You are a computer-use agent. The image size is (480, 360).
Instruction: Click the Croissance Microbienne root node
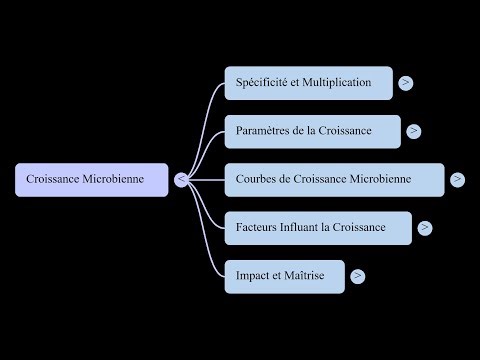click(92, 180)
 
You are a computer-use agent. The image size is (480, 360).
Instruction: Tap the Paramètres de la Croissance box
click(312, 131)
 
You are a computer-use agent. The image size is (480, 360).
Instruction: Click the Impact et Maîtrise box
click(284, 275)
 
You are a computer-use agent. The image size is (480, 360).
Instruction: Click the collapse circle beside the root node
click(181, 180)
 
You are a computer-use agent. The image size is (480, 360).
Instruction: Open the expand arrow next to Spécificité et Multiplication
click(405, 83)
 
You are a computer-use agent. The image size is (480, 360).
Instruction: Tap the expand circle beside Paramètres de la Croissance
click(414, 131)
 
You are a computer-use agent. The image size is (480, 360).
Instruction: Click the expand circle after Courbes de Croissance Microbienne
click(457, 180)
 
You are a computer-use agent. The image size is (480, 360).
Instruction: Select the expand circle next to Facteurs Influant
click(426, 227)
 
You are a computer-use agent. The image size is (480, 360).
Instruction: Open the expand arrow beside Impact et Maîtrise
click(357, 275)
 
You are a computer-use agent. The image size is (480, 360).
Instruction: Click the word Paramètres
click(263, 131)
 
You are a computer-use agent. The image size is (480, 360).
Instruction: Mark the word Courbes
click(256, 180)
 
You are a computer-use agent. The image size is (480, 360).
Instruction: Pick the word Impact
click(254, 275)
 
